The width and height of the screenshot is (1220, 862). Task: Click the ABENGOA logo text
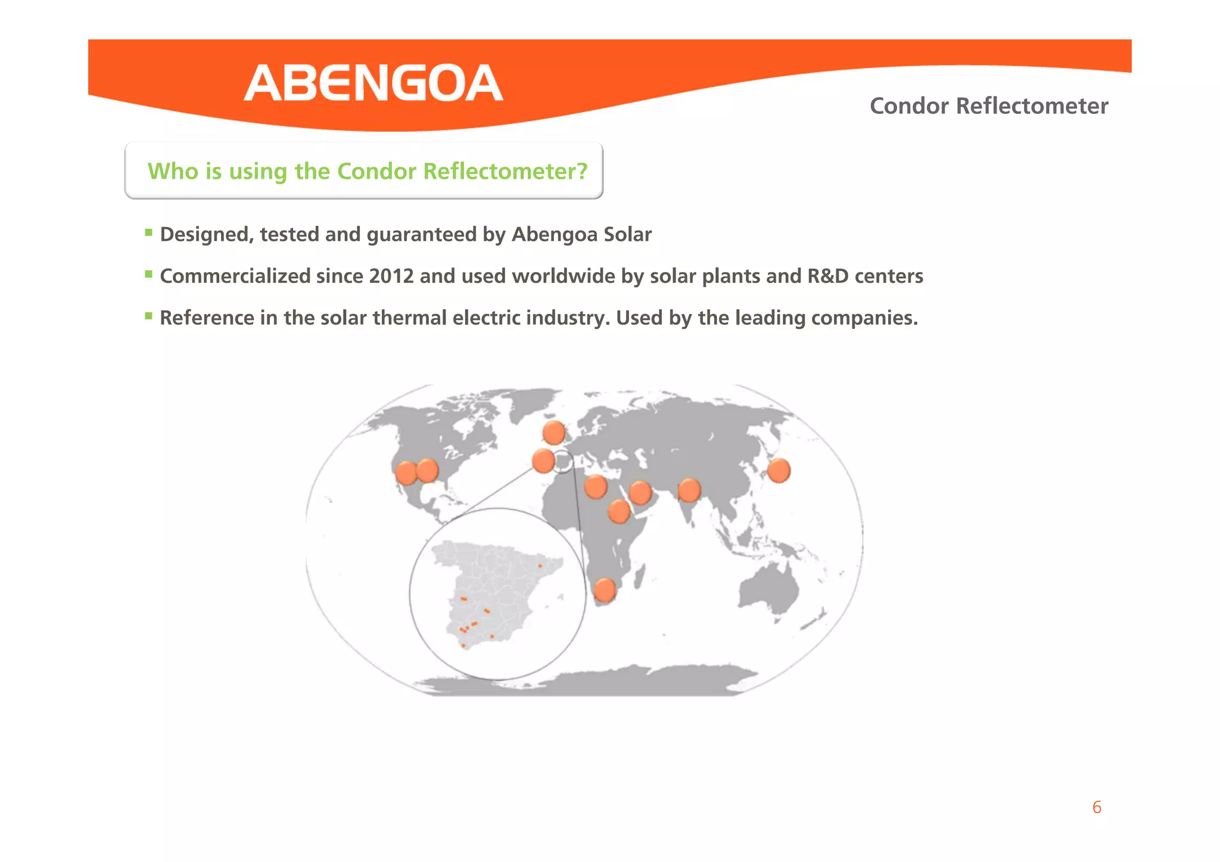pyautogui.click(x=374, y=83)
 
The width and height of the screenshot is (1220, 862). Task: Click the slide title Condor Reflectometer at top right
pyautogui.click(x=988, y=106)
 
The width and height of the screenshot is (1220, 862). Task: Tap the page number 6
pyautogui.click(x=1096, y=807)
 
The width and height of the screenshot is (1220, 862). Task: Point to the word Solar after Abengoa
pyautogui.click(x=627, y=235)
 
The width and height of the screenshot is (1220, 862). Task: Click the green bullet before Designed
pyautogui.click(x=149, y=233)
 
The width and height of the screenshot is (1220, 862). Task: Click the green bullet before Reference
pyautogui.click(x=149, y=316)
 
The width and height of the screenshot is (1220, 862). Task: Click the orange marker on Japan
pyautogui.click(x=778, y=471)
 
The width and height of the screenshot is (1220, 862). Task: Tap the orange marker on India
pyautogui.click(x=689, y=490)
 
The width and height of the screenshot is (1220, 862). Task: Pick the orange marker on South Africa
pyautogui.click(x=605, y=590)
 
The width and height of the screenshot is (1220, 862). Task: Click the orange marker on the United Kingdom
pyautogui.click(x=554, y=432)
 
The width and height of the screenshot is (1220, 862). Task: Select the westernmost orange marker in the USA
pyautogui.click(x=406, y=473)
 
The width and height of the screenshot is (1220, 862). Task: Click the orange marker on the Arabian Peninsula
pyautogui.click(x=640, y=493)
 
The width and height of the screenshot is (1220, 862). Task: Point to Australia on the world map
pyautogui.click(x=768, y=587)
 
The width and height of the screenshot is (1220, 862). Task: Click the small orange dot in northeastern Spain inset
pyautogui.click(x=540, y=566)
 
